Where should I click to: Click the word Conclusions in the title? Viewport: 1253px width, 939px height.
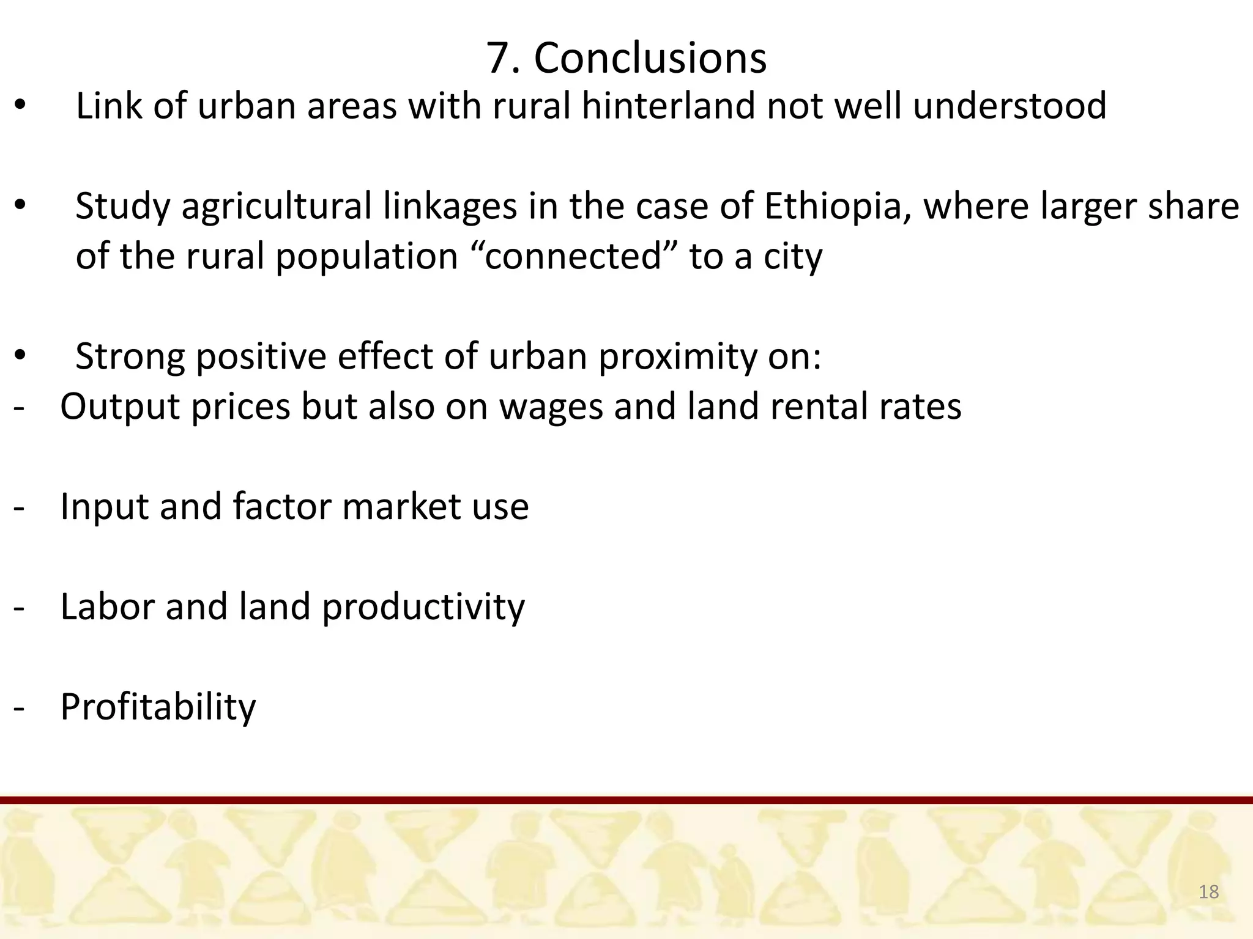650,59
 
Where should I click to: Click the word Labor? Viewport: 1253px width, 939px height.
108,607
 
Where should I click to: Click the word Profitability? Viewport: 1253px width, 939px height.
158,708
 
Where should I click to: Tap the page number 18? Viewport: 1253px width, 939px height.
1208,892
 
